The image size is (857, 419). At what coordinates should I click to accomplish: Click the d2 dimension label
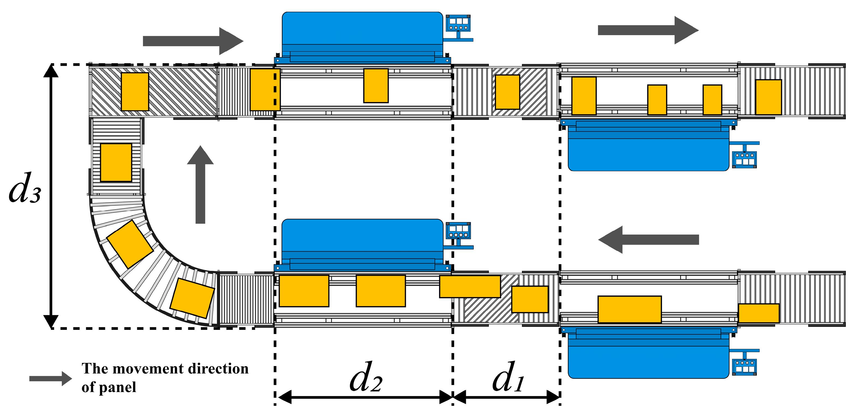pos(366,378)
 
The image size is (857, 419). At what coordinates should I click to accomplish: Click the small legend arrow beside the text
pos(50,378)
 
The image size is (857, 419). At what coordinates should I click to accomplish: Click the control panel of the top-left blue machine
pos(458,23)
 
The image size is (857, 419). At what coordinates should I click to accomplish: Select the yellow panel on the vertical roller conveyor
pos(116,162)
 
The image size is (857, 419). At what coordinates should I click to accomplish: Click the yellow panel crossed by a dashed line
pos(265,89)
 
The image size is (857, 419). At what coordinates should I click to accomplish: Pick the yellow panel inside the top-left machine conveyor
pos(376,86)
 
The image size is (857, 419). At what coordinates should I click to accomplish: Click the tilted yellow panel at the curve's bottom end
pos(192,298)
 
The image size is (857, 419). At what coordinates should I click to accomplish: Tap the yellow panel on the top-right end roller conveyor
pos(769,97)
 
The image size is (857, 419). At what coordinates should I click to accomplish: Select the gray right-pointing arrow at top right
pos(648,30)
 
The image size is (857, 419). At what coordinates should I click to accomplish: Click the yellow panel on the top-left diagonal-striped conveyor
pos(135,92)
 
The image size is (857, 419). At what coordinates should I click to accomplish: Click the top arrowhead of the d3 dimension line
pos(51,71)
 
